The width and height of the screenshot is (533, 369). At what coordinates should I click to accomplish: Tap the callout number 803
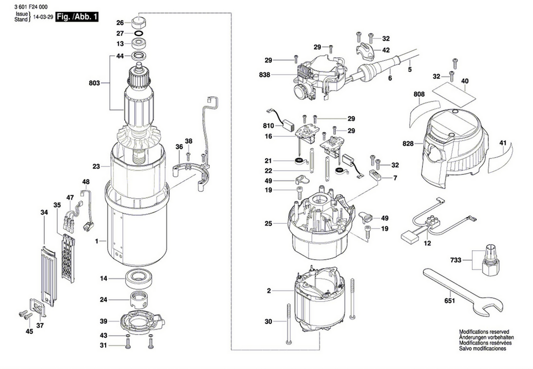[x=94, y=82]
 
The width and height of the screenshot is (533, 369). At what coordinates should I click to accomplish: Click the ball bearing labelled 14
[x=140, y=278]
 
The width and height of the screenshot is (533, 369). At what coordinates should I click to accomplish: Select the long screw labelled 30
[x=288, y=323]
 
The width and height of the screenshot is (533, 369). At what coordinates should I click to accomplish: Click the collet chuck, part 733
[x=489, y=260]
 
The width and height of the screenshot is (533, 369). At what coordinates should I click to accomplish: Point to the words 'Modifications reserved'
[x=484, y=332]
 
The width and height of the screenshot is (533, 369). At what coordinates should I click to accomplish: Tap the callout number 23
[x=95, y=167]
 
